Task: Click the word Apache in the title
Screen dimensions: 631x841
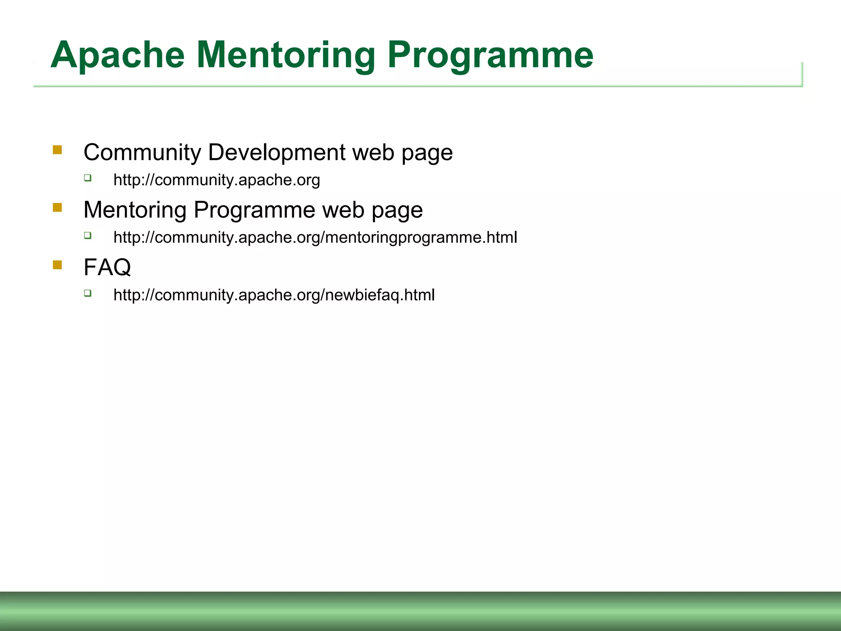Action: pyautogui.click(x=117, y=55)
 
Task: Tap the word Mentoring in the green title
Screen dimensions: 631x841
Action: pyautogui.click(x=286, y=55)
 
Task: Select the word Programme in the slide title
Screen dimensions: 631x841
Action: pyautogui.click(x=490, y=55)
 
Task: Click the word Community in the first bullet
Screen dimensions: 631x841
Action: pyautogui.click(x=142, y=153)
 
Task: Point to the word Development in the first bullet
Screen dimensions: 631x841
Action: pyautogui.click(x=277, y=153)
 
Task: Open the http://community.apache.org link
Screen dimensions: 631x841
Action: pyautogui.click(x=216, y=180)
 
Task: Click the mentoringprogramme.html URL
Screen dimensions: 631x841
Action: pyautogui.click(x=315, y=238)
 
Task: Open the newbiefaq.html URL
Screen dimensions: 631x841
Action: pyautogui.click(x=274, y=295)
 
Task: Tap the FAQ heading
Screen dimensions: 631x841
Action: pyautogui.click(x=107, y=267)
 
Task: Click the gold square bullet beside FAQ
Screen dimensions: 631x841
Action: pyautogui.click(x=57, y=265)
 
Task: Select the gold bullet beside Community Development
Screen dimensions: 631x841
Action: pyautogui.click(x=57, y=150)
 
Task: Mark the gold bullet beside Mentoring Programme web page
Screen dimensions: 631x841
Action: pyautogui.click(x=57, y=207)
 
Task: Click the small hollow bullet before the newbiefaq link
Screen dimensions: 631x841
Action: pyautogui.click(x=87, y=293)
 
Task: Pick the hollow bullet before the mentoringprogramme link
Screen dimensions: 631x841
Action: pyautogui.click(x=87, y=235)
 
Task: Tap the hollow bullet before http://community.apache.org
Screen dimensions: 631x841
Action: pyautogui.click(x=87, y=178)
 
